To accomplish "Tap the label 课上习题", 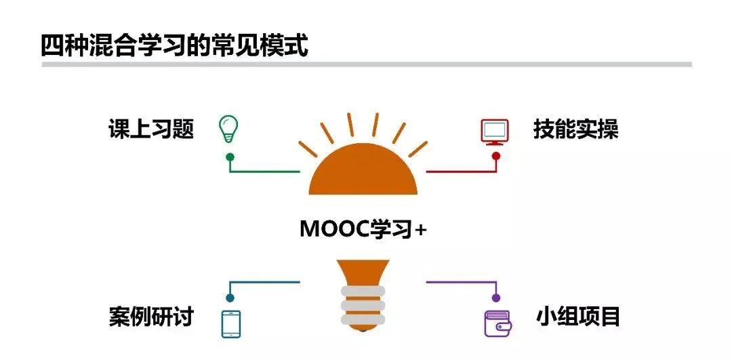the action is [151, 129].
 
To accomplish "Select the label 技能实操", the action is [575, 129].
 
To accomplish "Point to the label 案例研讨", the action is [151, 317].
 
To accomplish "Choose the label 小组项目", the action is [577, 317].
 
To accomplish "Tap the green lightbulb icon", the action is [228, 129].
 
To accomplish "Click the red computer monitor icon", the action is [495, 132].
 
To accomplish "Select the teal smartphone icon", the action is [231, 323].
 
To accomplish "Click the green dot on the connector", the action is [230, 157].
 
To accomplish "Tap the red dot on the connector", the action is [496, 156].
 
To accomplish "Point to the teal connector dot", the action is [230, 298].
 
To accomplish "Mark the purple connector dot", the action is [496, 298].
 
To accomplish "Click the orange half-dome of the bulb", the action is [363, 173].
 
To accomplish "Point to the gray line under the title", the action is [366, 64].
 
